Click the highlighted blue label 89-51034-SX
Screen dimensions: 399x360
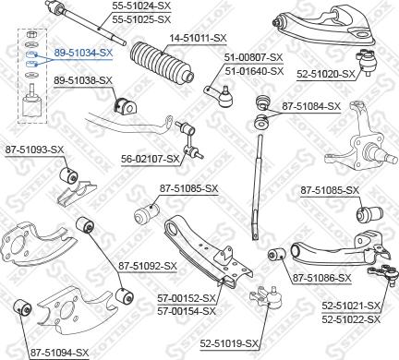click(82, 54)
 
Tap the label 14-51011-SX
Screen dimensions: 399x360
click(197, 38)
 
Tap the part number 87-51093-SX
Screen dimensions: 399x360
click(33, 149)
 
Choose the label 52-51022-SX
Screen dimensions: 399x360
click(351, 318)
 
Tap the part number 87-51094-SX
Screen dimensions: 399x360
click(59, 352)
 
